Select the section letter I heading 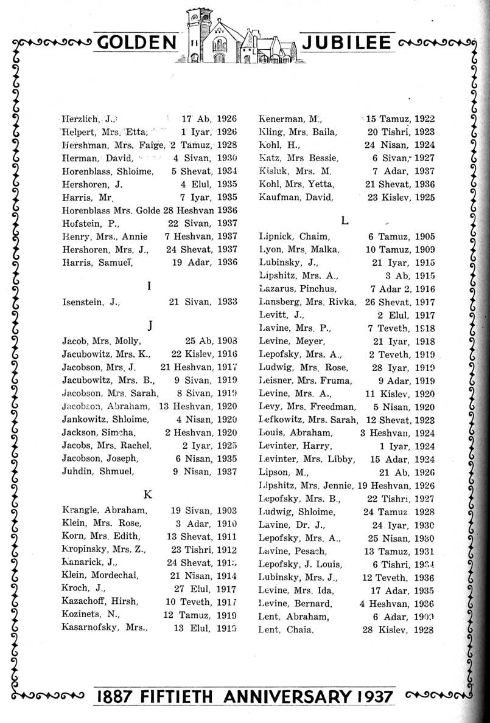click(x=149, y=284)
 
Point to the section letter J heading click(x=149, y=325)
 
